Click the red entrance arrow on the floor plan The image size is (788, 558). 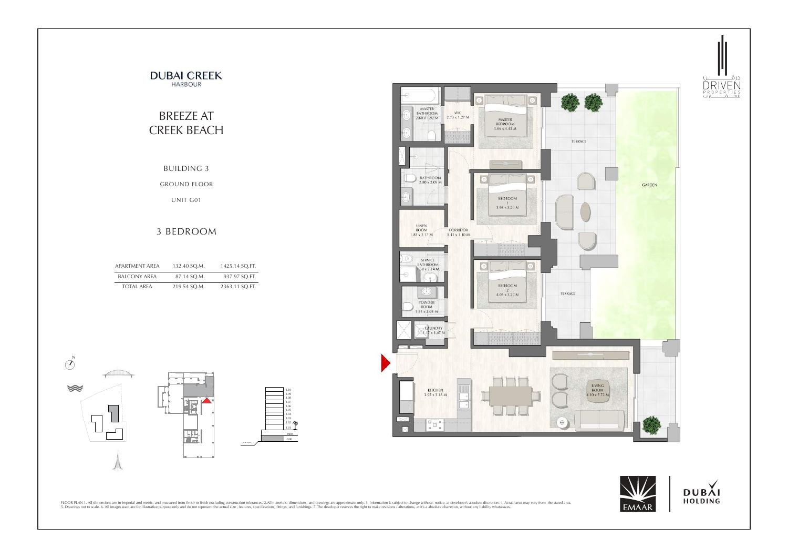coord(385,363)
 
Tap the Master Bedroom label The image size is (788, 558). coord(505,124)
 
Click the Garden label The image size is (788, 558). coord(649,185)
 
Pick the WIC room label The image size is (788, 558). coord(458,115)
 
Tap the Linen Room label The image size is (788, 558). coord(421,230)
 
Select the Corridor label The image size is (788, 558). coord(458,232)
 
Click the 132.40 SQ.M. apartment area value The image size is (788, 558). coord(188,266)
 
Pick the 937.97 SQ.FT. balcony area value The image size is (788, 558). coord(239,276)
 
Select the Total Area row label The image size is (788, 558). coord(137,287)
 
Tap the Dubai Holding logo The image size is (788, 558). coord(701,494)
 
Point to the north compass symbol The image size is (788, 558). coord(69,364)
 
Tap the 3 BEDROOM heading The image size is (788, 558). coord(186,231)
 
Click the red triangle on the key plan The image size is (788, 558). coord(207,400)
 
